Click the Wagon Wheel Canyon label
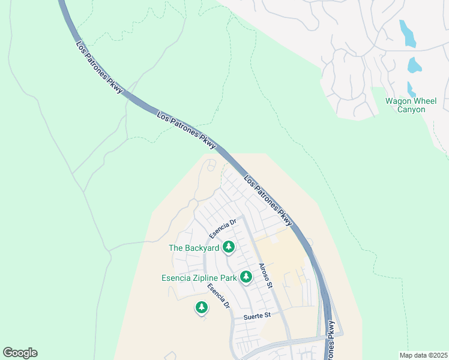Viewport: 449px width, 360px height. click(x=411, y=105)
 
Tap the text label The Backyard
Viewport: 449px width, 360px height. click(x=193, y=247)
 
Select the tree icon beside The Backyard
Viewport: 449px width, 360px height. click(x=229, y=247)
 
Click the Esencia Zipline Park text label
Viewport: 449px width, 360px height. click(x=199, y=277)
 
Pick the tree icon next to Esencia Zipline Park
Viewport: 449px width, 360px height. click(x=246, y=277)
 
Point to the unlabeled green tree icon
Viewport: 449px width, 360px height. click(x=202, y=308)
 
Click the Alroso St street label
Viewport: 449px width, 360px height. click(x=265, y=274)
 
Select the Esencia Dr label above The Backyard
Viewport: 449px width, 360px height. click(x=224, y=227)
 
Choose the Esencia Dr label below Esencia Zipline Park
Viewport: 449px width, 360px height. click(x=219, y=296)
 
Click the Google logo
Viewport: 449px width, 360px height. click(x=20, y=353)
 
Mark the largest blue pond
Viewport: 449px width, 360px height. click(x=408, y=34)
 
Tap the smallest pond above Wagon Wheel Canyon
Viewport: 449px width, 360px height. click(x=411, y=89)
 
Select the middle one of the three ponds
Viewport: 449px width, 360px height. click(x=413, y=65)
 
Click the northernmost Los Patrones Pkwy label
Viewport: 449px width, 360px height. click(x=100, y=67)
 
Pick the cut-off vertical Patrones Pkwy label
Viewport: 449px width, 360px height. click(x=331, y=340)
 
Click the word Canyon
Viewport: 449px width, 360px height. click(x=411, y=110)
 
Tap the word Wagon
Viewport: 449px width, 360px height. click(x=399, y=101)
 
